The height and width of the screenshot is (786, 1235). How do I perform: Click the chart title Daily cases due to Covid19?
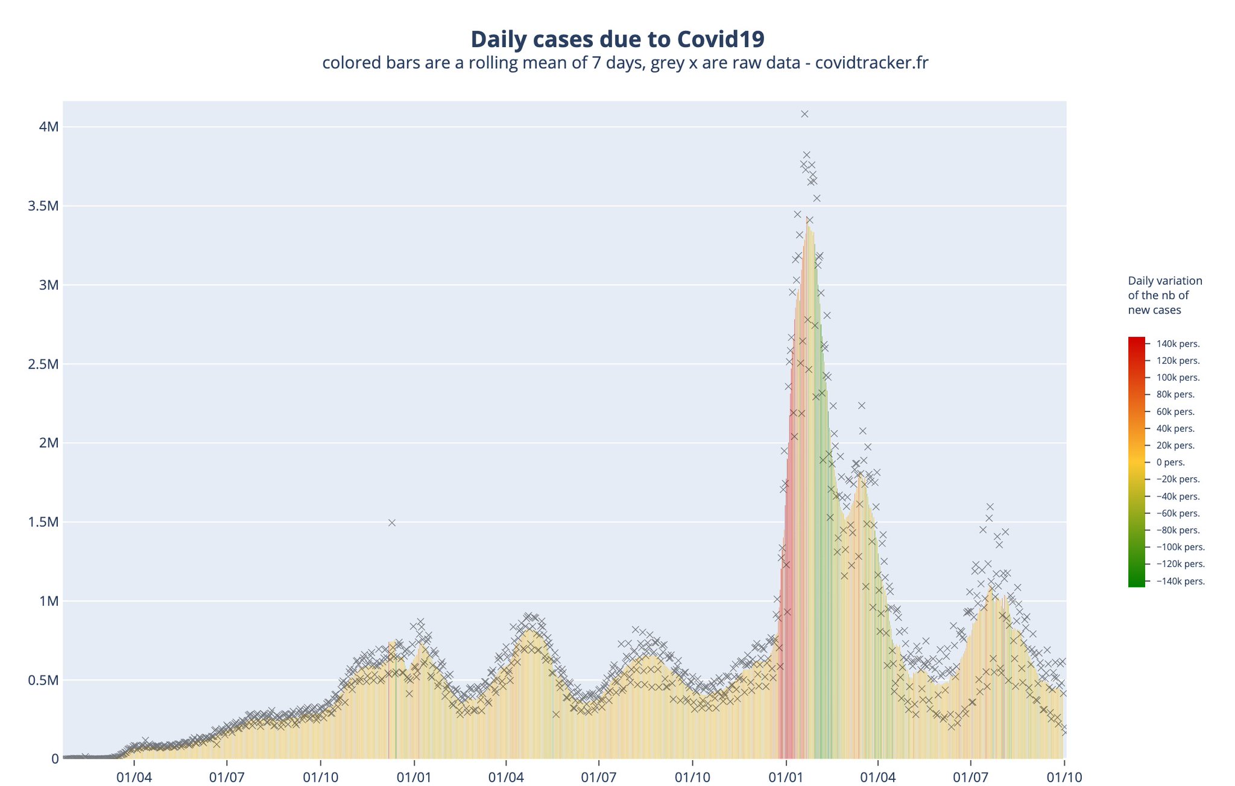[617, 39]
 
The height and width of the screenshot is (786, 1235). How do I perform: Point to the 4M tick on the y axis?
[49, 127]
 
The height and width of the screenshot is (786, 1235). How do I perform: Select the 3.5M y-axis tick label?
[43, 206]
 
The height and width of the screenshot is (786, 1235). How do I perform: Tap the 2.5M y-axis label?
[43, 364]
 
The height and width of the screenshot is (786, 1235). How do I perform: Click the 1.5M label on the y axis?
[43, 522]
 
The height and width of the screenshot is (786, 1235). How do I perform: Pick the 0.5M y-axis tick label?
[43, 680]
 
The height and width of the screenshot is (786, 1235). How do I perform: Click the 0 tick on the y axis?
[54, 759]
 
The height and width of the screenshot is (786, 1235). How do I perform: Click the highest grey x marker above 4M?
[804, 114]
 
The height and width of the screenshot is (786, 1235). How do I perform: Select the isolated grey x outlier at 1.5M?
[392, 523]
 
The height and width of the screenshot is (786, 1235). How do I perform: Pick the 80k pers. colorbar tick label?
[1175, 395]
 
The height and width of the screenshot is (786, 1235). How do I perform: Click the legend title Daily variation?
[1164, 281]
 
